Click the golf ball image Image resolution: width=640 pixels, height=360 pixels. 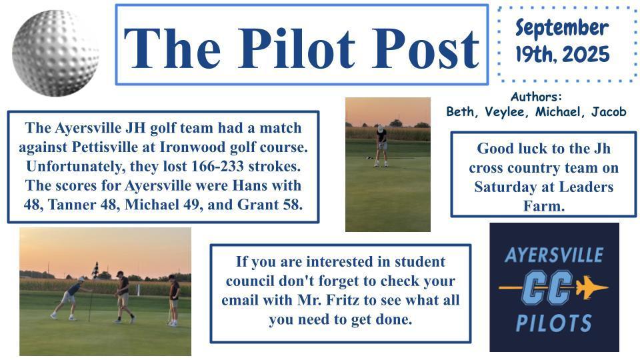(x=55, y=53)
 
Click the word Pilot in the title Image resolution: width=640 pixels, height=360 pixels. (x=297, y=49)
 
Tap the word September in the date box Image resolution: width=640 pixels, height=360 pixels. (x=562, y=29)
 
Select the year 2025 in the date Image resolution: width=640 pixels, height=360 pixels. (x=586, y=54)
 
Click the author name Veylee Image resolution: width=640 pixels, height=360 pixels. (x=505, y=111)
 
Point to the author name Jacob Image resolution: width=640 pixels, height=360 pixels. (x=609, y=111)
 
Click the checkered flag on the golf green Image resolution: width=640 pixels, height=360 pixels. (x=95, y=270)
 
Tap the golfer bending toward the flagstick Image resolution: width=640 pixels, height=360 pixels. (x=70, y=298)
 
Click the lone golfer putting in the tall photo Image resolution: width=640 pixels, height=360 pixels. (x=381, y=146)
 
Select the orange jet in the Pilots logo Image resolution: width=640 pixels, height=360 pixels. (x=592, y=287)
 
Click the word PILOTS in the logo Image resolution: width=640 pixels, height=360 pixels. (x=554, y=323)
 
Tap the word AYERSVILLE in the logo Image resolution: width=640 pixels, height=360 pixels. (x=554, y=255)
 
